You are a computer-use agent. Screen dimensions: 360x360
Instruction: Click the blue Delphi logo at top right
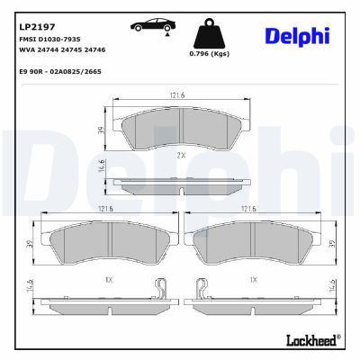(296, 35)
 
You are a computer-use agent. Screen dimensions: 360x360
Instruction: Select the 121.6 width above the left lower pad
(106, 210)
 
